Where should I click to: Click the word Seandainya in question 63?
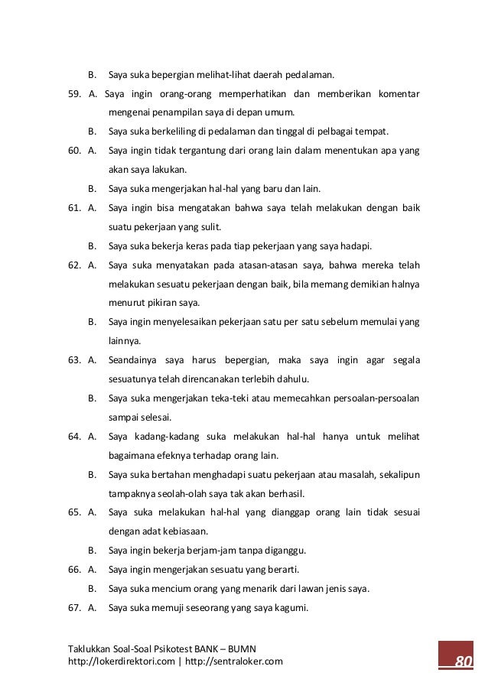point(134,360)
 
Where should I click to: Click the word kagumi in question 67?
point(291,608)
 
